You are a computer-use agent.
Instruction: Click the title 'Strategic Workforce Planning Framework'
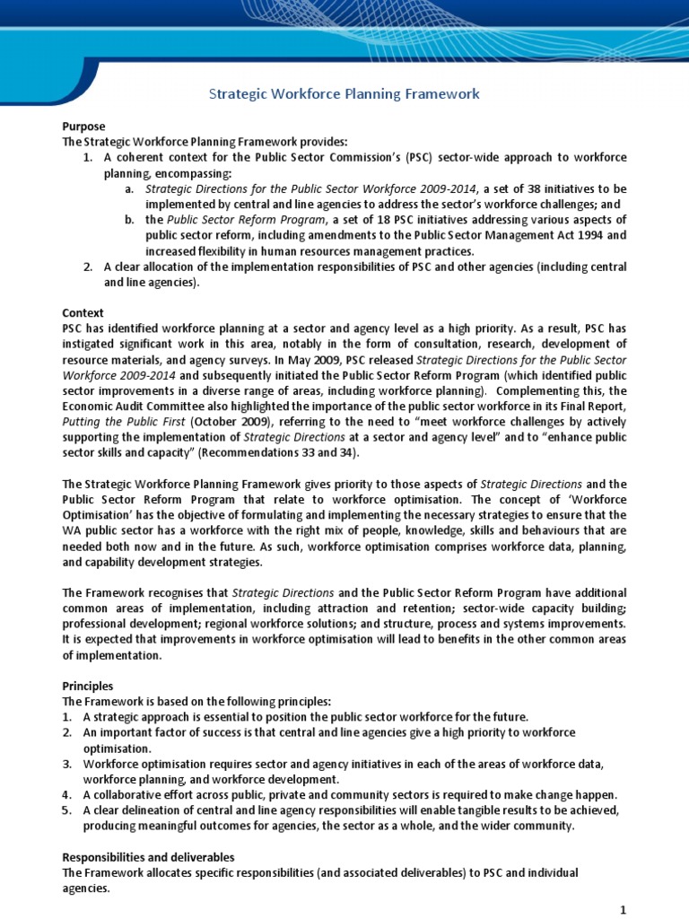coord(344,93)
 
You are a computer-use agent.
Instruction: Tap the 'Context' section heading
coord(83,313)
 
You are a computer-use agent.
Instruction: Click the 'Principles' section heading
coord(88,686)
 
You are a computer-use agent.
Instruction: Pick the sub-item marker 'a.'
coord(130,189)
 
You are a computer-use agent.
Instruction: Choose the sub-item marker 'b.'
coord(130,221)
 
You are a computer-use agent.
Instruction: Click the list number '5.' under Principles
coord(66,810)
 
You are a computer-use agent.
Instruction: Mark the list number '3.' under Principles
coord(66,764)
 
